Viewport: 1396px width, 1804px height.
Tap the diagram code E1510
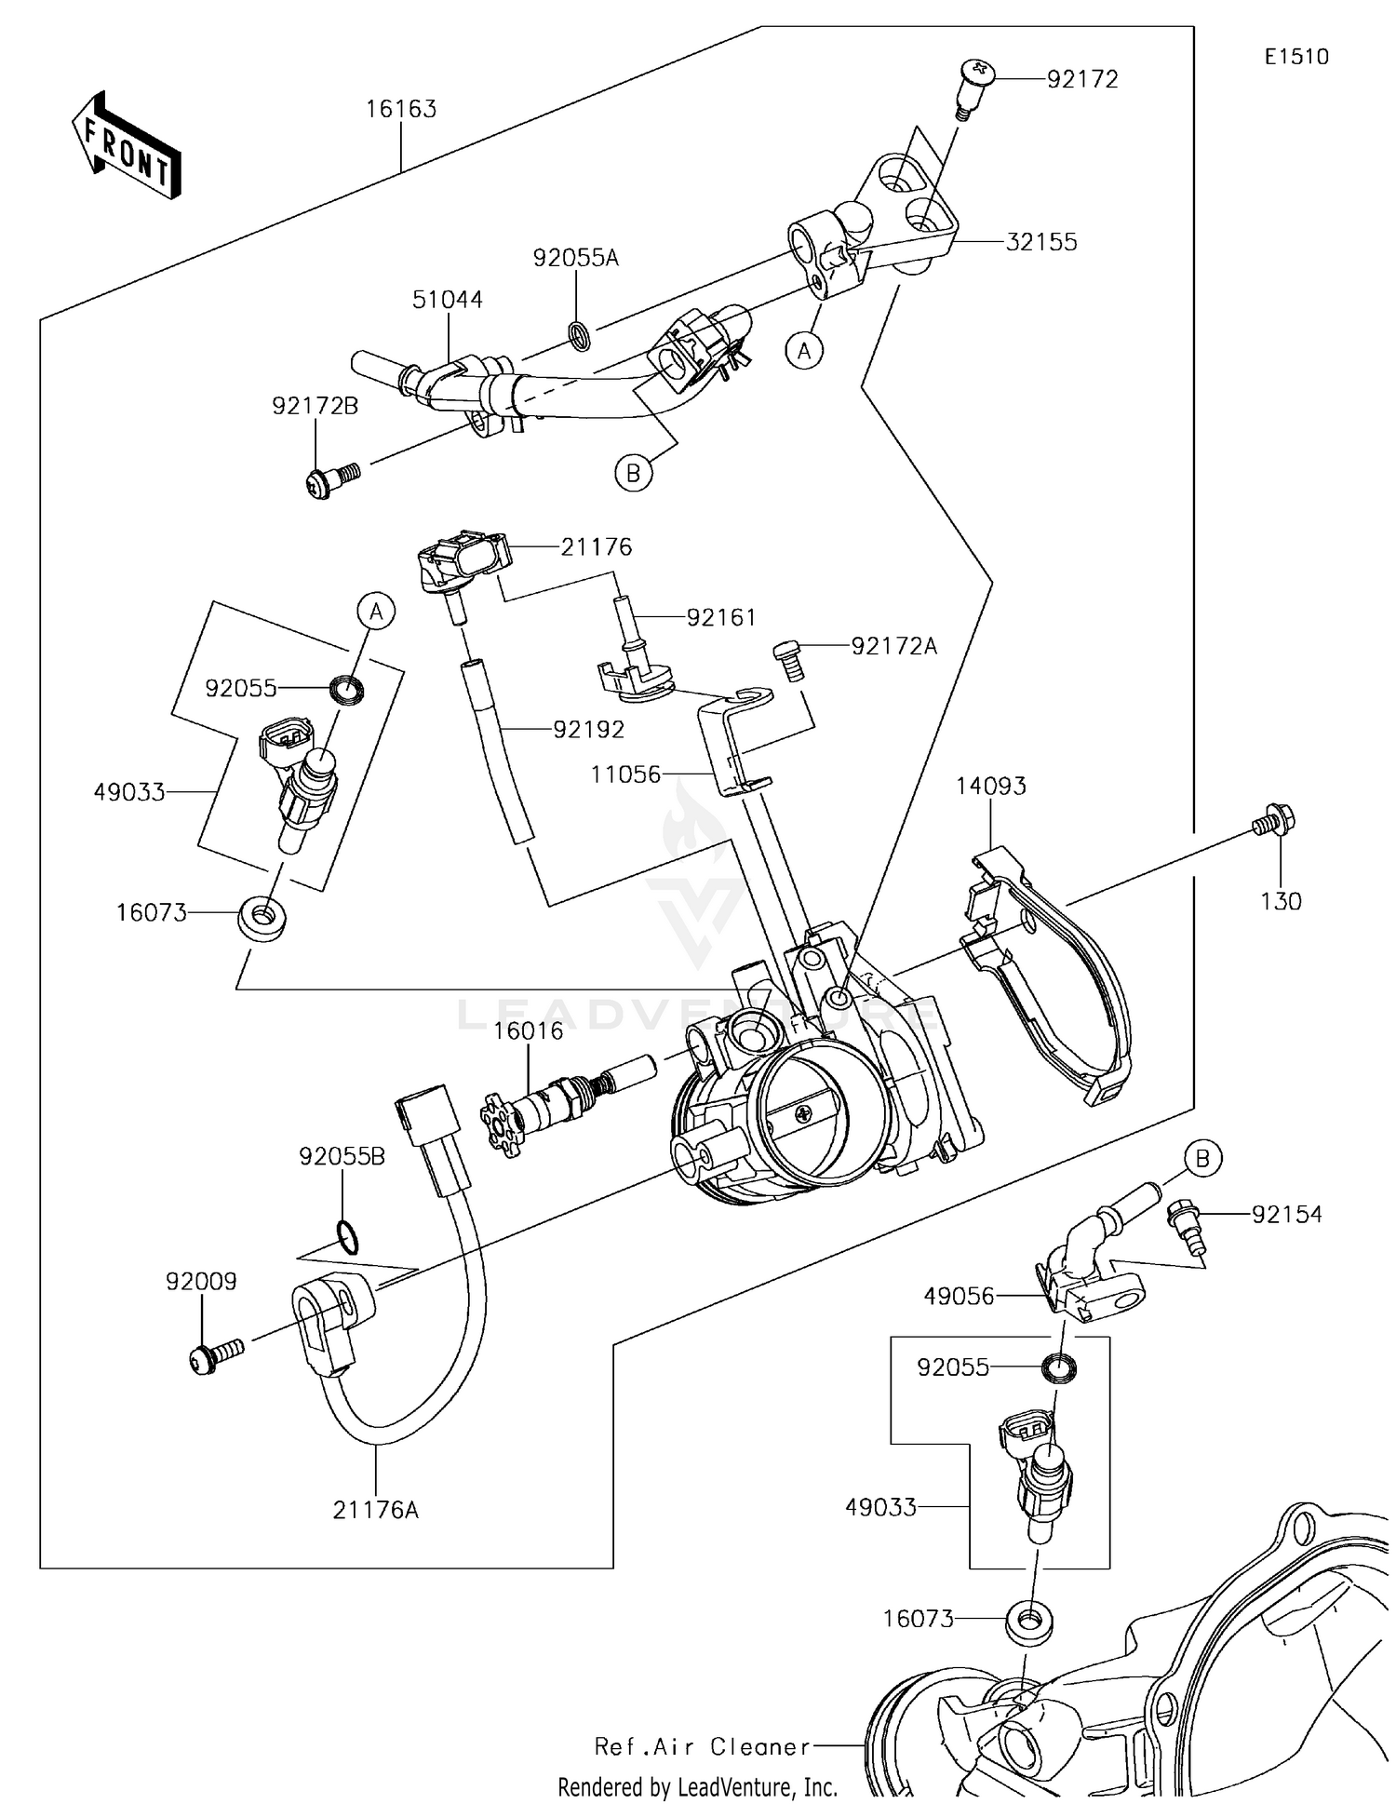point(1296,57)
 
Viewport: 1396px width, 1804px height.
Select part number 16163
point(400,109)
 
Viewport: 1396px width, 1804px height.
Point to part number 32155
point(1041,242)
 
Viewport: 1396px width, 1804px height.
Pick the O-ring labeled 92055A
point(579,335)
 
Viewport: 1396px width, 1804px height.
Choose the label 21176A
point(375,1510)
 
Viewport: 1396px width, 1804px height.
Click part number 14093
point(990,786)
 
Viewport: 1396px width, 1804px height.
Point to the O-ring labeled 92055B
point(346,1239)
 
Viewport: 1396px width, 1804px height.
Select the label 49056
point(959,1296)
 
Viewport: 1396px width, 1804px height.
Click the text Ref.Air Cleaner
point(703,1746)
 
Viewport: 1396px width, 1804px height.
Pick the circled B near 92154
point(1202,1158)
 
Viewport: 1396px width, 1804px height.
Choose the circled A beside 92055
point(376,612)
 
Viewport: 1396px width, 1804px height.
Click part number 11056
point(625,774)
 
